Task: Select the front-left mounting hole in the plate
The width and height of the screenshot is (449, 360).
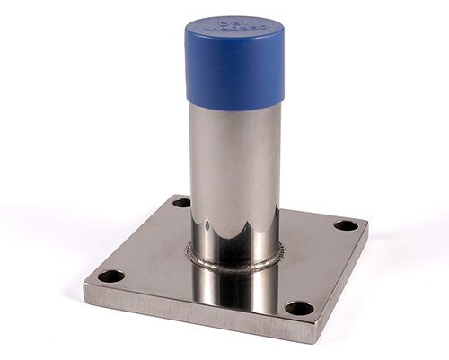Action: point(110,276)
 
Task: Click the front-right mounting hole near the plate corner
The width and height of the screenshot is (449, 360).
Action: point(299,308)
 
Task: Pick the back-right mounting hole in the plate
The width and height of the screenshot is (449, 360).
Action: point(346,224)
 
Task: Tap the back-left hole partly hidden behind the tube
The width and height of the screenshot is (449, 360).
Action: point(181,203)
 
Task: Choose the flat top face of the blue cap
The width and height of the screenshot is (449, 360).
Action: point(235,34)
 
